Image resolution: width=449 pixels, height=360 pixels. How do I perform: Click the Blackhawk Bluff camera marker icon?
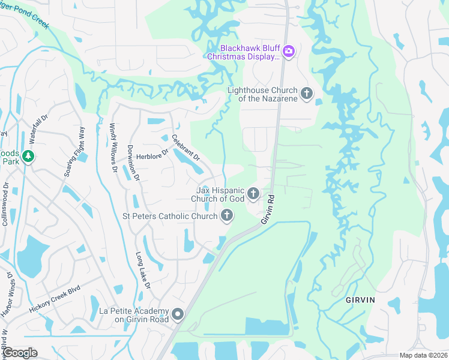tap(289, 51)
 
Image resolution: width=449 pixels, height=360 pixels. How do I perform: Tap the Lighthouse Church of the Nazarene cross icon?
tap(307, 93)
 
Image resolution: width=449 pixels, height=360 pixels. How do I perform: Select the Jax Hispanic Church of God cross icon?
tap(253, 193)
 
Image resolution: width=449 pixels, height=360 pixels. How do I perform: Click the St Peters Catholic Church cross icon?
tap(227, 215)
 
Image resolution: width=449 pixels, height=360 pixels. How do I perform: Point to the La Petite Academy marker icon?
tap(178, 314)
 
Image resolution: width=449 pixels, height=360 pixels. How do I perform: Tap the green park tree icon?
tap(28, 157)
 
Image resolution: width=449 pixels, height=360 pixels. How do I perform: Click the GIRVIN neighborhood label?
tap(360, 300)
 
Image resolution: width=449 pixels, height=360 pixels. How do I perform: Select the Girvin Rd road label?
tap(268, 209)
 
